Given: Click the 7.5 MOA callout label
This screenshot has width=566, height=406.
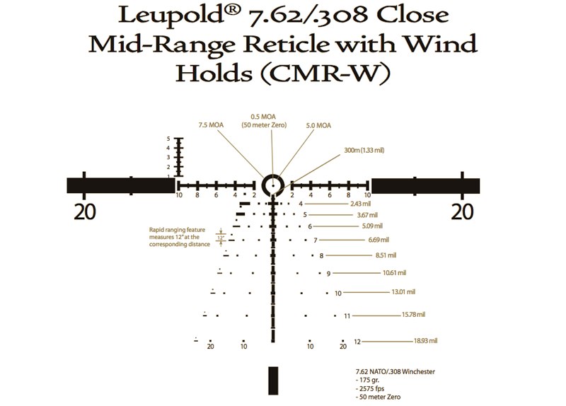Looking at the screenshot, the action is coord(211,125).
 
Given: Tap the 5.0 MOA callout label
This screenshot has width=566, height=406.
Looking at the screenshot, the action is coord(318,126).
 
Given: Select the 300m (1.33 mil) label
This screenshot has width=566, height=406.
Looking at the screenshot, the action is coord(364,150).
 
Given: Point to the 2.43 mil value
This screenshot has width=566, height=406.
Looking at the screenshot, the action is coord(361,204).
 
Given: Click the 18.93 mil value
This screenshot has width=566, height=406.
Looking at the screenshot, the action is coord(426,341).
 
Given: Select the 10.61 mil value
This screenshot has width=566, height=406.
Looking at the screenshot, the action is coord(395,273).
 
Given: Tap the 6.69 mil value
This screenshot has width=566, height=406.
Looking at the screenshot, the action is coord(379,240).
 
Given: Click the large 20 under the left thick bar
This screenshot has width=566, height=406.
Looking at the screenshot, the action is coord(85,211).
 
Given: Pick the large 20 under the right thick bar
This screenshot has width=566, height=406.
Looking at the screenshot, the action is coord(463,211).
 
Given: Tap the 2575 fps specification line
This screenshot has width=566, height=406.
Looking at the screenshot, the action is coord(370,389).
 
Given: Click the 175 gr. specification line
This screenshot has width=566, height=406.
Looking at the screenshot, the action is coord(367,380).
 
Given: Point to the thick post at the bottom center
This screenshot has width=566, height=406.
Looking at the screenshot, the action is coord(273,381).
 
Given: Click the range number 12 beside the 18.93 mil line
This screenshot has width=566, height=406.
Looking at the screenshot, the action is coord(357,342).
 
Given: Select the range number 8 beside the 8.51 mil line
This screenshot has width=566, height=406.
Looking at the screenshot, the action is coord(322,256).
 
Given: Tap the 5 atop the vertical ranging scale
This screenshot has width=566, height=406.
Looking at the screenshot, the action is coord(168,139).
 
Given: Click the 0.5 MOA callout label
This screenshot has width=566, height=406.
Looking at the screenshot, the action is coord(263,121).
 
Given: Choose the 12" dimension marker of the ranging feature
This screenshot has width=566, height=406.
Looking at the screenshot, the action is coord(221,238).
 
